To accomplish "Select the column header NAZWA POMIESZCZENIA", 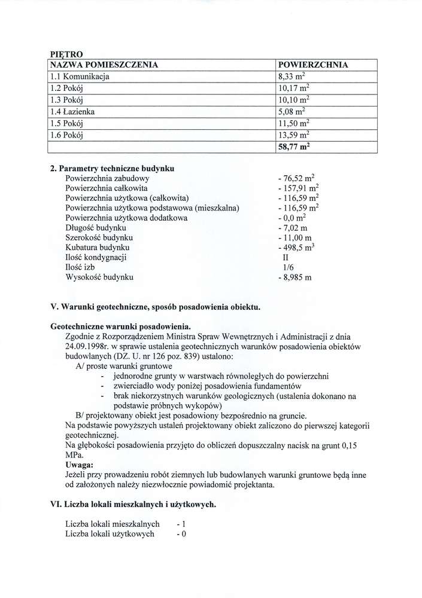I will click(x=103, y=65).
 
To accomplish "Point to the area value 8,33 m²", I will click(x=293, y=77).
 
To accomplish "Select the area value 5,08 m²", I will click(x=293, y=111).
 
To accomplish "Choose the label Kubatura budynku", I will click(x=98, y=248).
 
